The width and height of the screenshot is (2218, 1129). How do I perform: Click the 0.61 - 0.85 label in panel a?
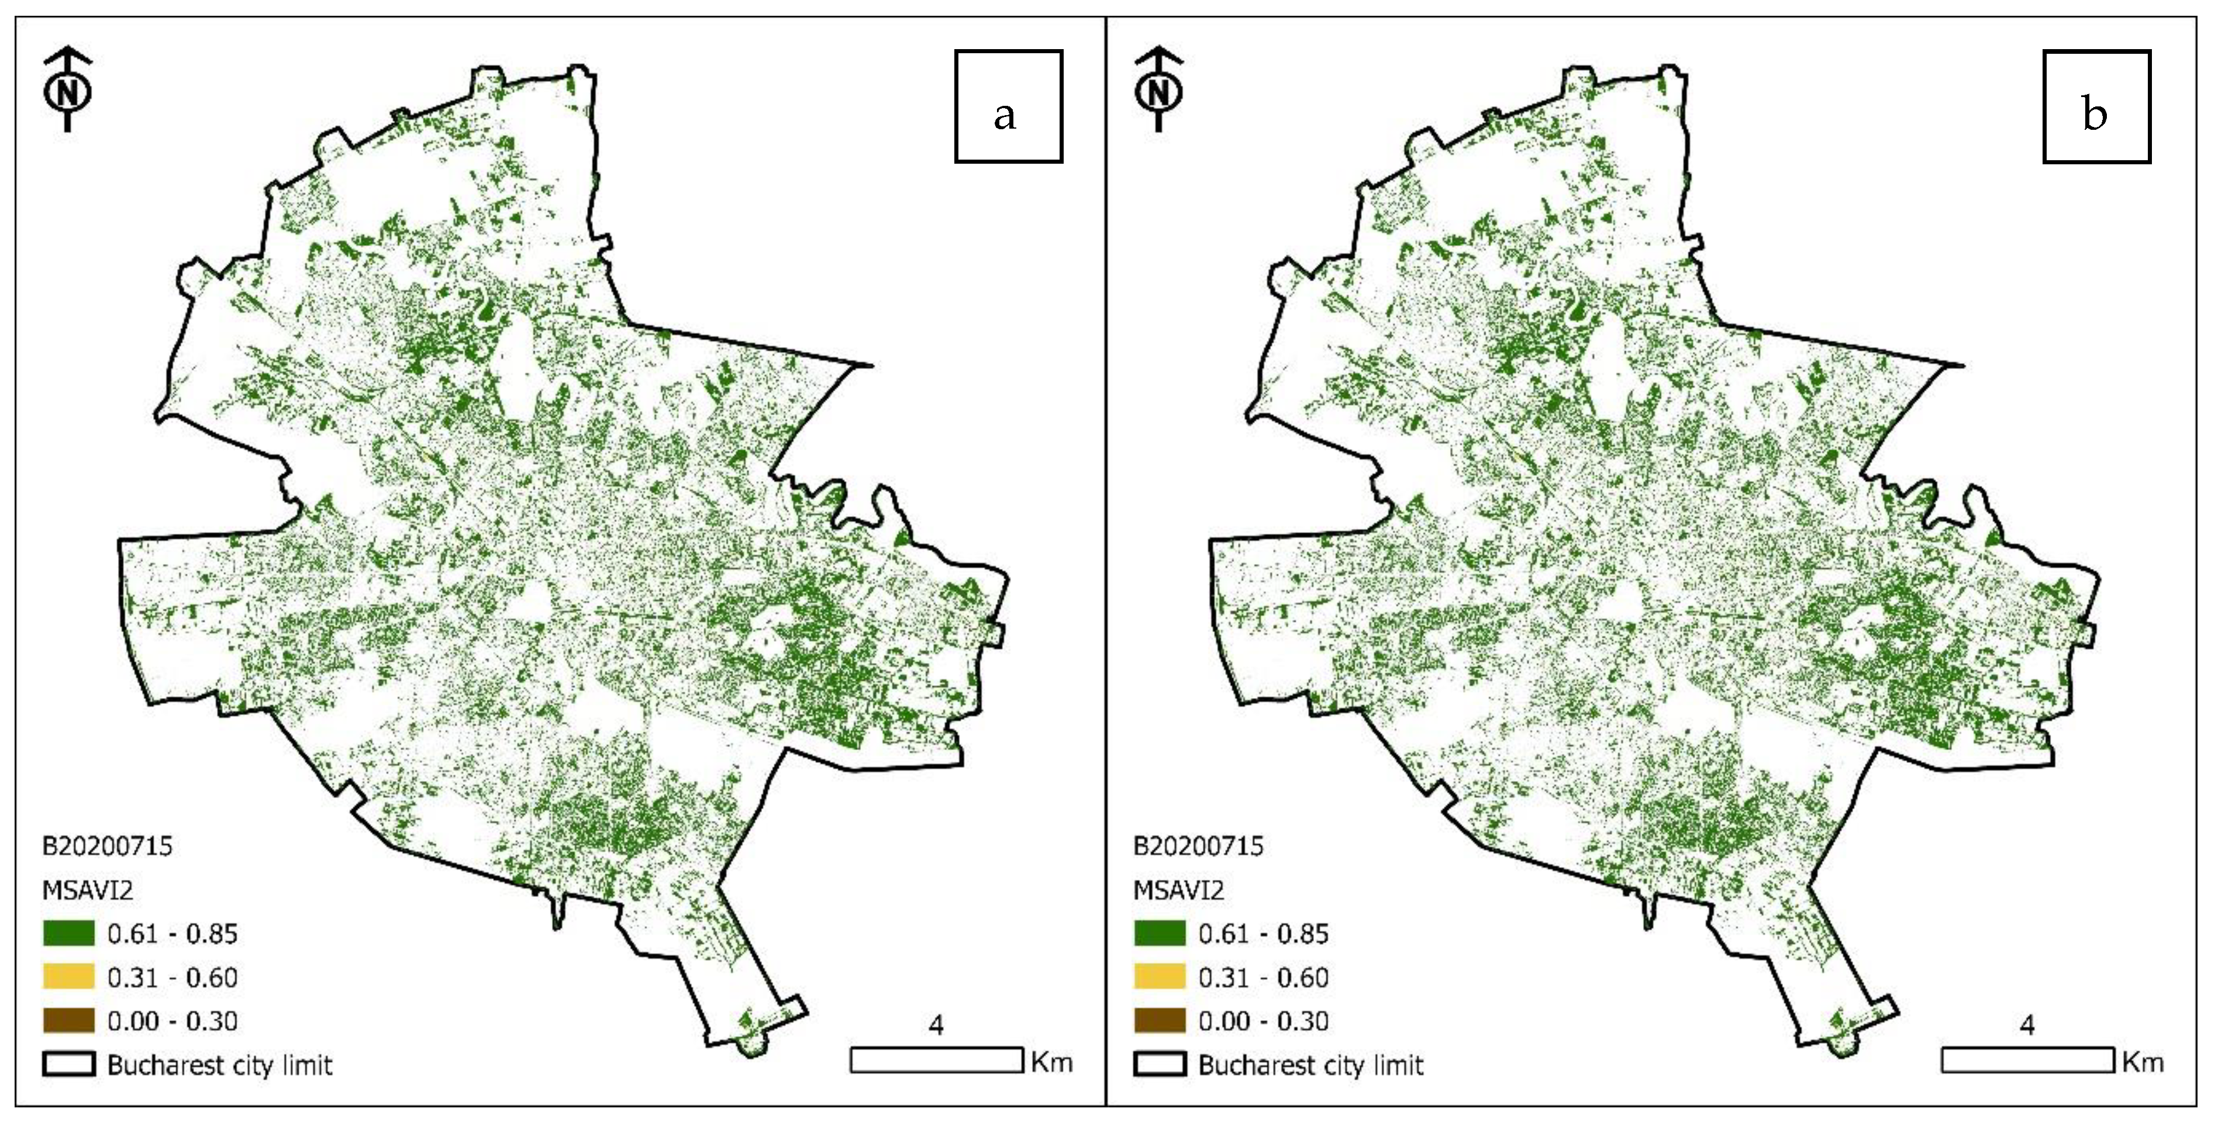click(172, 934)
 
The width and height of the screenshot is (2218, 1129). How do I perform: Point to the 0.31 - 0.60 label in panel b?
click(1263, 978)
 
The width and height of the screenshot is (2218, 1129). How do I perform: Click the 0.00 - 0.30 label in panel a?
click(172, 1022)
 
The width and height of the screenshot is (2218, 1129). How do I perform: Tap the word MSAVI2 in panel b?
click(1178, 890)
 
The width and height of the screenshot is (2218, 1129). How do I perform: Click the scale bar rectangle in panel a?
click(936, 1060)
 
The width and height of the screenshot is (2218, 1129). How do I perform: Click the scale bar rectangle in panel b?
click(2027, 1060)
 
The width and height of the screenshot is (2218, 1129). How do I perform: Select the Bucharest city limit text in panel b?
click(1310, 1066)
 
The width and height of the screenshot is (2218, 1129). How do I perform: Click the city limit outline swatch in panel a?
click(68, 1065)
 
